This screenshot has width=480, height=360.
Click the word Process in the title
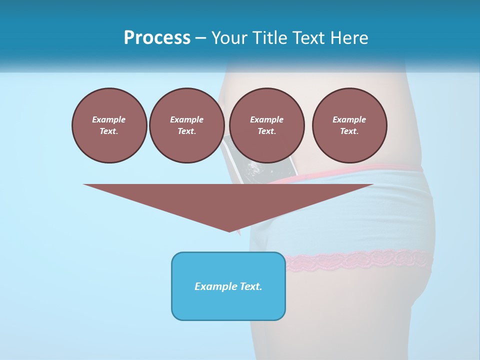pos(157,38)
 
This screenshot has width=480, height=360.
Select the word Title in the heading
pos(271,38)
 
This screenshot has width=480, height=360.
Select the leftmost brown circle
pos(109,125)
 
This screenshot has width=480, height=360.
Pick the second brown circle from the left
pos(186,125)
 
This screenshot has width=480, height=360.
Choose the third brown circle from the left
pos(266,125)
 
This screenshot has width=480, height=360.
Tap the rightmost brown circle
pos(349,125)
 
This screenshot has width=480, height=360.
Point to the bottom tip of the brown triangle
pos(229,231)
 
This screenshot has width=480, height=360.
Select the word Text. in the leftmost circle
pos(109,131)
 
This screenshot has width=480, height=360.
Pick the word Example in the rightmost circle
pos(349,119)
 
